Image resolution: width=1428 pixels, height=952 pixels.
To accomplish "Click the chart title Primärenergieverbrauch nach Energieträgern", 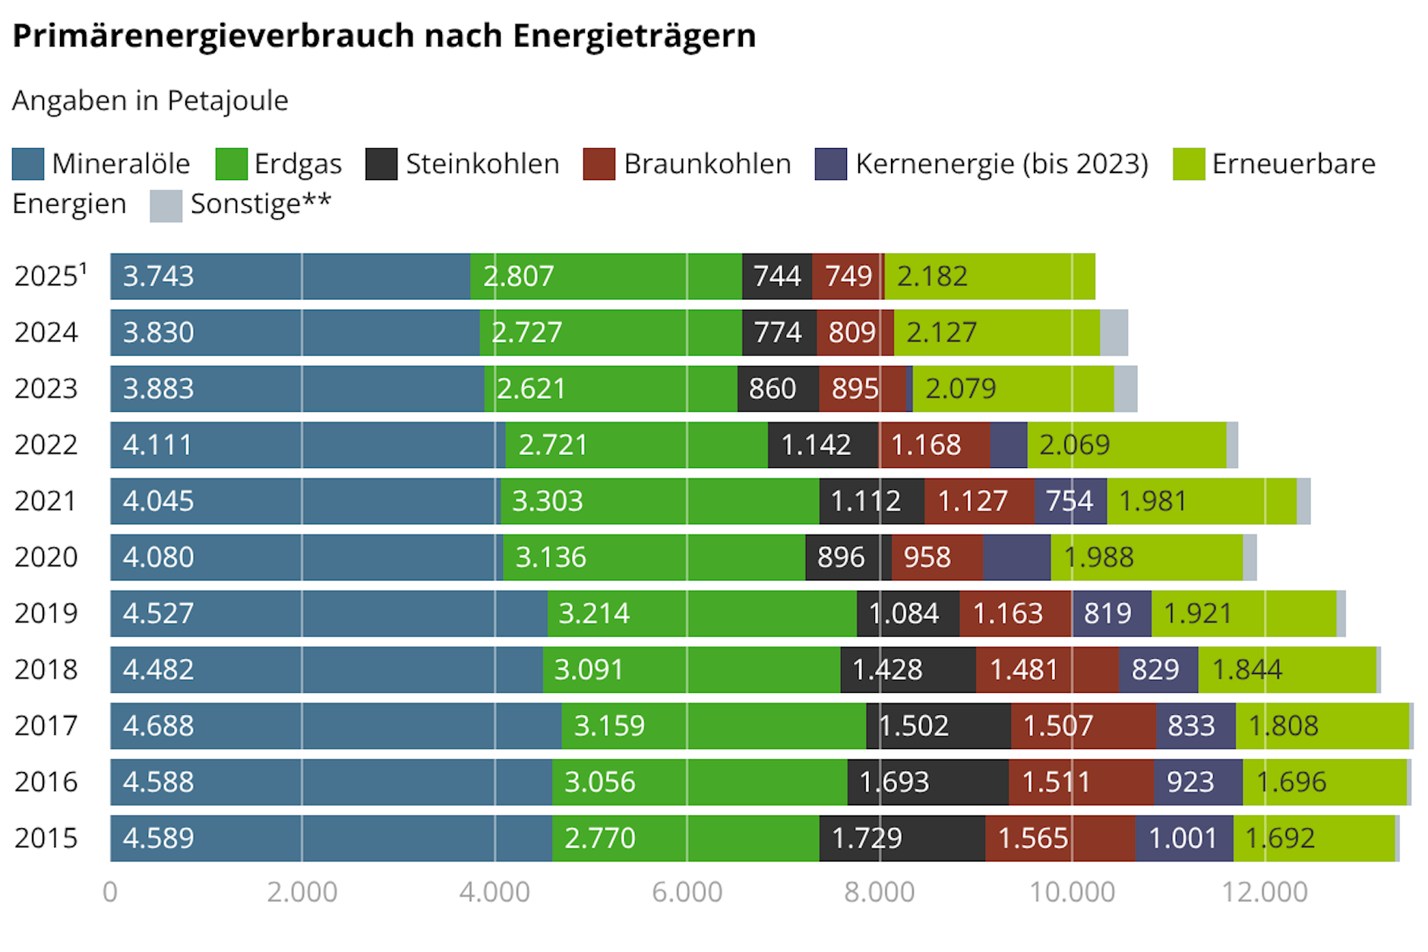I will coord(384,36).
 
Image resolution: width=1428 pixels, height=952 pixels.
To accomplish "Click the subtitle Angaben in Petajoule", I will coord(150,100).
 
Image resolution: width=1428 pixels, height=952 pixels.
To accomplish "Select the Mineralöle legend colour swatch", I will coord(28,164).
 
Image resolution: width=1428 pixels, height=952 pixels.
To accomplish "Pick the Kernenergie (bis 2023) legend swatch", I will coord(830,164).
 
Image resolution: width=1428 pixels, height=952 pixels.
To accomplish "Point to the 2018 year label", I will coord(46,669).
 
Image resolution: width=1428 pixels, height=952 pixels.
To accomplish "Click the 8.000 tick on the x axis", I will coord(879,892).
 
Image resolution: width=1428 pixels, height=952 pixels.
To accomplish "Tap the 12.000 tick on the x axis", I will coord(1264,892).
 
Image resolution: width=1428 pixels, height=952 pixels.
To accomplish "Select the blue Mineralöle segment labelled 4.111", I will coord(307,445).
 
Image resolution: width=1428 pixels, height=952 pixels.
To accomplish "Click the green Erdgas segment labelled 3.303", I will coord(659,501).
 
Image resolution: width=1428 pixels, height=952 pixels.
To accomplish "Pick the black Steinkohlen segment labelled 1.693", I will coord(927,782).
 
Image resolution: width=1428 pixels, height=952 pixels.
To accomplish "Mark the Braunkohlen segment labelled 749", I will coord(847,277).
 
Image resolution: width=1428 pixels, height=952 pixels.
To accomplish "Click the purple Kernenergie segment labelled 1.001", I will coord(1183,838).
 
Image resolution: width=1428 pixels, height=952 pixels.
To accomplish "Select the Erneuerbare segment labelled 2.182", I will coord(989,277).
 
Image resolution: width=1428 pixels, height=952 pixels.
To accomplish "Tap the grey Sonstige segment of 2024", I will coord(1114,333).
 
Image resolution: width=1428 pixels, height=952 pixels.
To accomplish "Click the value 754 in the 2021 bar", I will coord(1069,501).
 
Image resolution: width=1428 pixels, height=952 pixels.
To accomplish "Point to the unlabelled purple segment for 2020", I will coord(1016,558).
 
